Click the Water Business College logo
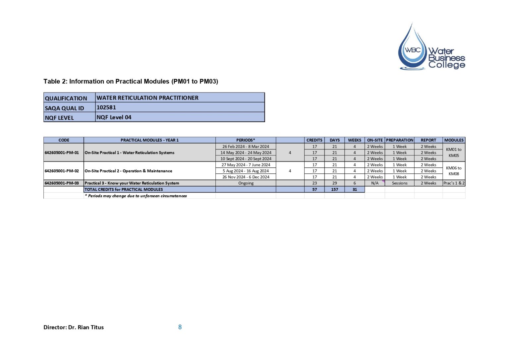coord(431,48)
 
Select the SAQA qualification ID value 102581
coord(106,107)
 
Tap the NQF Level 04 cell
coord(114,117)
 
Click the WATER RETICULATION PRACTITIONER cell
coord(147,98)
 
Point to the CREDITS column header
coord(314,140)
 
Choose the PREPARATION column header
coord(399,140)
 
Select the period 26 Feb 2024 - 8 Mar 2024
coord(246,147)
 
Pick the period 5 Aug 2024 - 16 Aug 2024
coord(246,171)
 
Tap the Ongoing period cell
coord(246,183)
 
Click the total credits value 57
coord(314,190)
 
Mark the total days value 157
coord(334,190)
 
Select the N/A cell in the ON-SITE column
coord(374,183)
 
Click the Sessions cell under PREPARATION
coord(399,183)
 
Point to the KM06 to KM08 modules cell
coord(454,171)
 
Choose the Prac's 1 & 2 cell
coord(454,183)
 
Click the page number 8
coord(180,327)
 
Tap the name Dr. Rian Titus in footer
coord(86,328)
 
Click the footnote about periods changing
coord(136,196)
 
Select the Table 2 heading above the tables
coord(131,82)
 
